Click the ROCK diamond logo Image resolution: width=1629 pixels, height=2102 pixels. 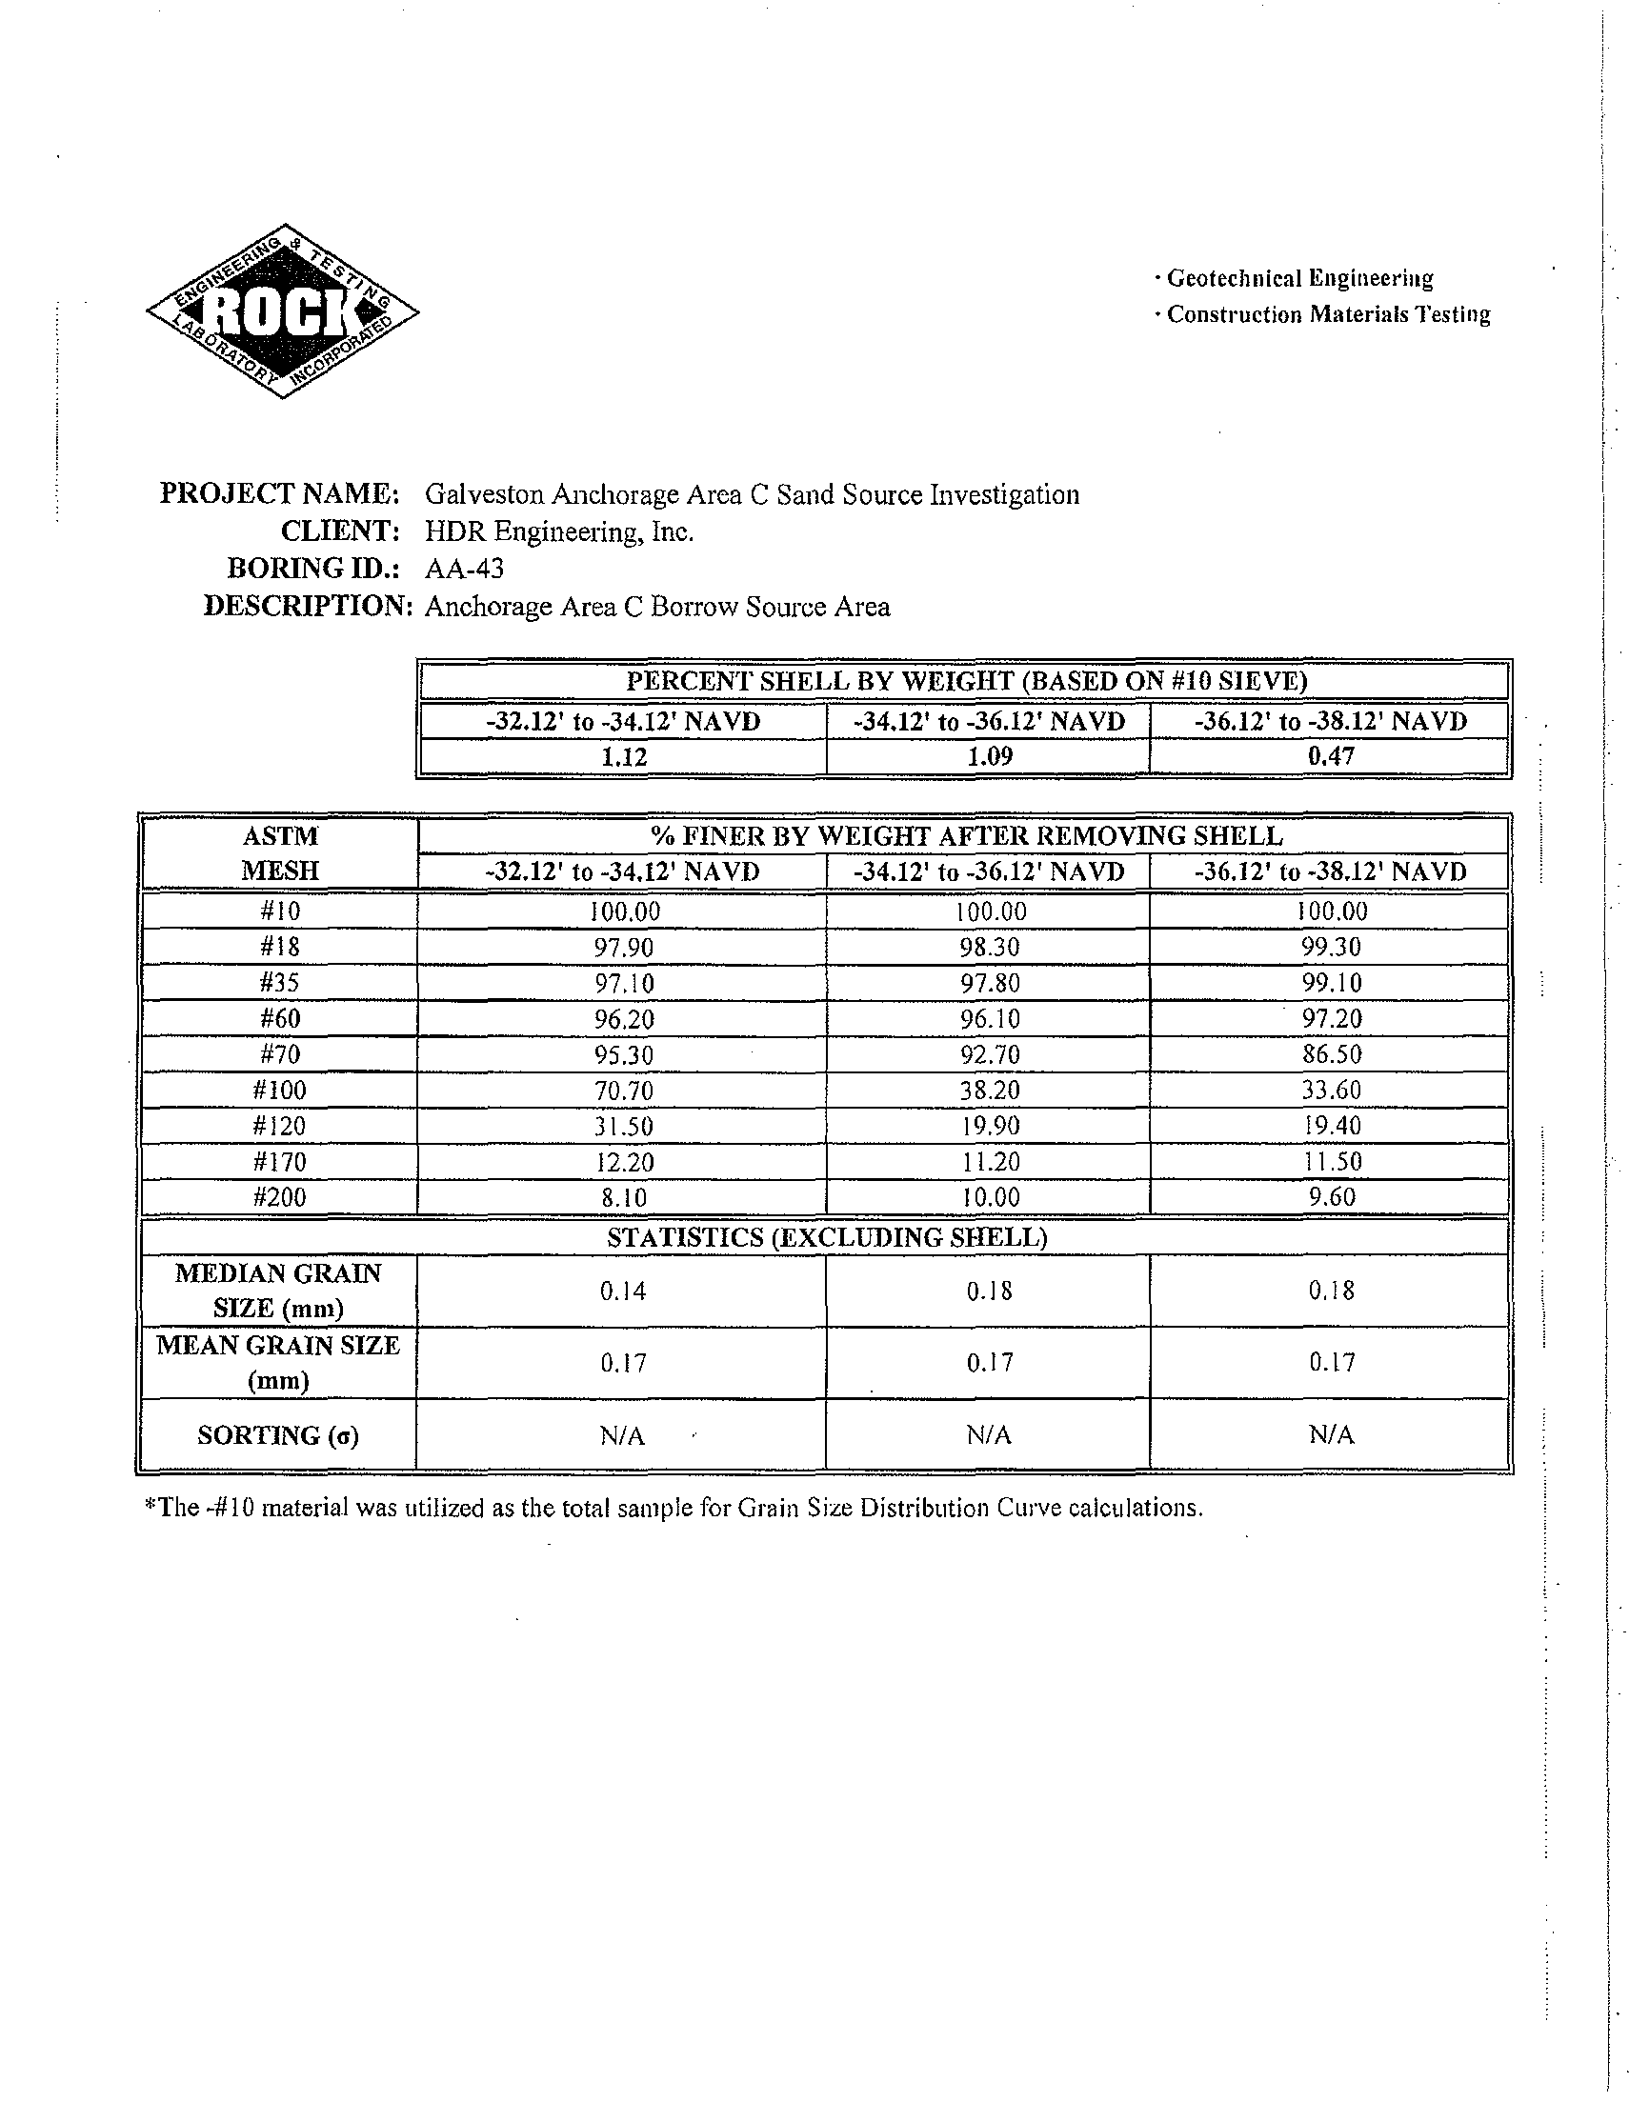pos(282,310)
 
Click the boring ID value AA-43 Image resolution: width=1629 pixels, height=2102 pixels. pos(464,569)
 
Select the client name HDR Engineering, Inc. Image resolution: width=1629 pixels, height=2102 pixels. pos(559,531)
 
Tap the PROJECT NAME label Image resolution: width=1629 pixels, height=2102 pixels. pos(279,493)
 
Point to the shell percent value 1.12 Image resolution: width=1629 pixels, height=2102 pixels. pos(624,757)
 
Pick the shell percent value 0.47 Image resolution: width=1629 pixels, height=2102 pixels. pos(1331,757)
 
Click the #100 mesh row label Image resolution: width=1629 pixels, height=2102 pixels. pos(279,1091)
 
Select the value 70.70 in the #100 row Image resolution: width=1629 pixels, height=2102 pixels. pos(624,1091)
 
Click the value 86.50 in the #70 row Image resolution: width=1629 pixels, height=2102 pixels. pos(1332,1054)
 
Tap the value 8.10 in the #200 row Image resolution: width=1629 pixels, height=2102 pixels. pos(624,1197)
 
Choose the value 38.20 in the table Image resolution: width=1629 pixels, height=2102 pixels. pos(990,1091)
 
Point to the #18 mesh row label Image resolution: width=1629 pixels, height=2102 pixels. pos(279,947)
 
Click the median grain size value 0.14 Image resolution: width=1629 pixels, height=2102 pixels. pos(624,1291)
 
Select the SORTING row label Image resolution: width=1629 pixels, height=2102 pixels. pos(278,1436)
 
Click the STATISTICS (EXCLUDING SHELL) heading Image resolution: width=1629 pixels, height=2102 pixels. pos(826,1238)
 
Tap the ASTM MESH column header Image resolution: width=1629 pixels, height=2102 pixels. pos(279,853)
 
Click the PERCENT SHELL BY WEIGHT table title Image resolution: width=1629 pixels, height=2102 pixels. pos(966,681)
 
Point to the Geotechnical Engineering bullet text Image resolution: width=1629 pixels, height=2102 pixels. pos(1298,279)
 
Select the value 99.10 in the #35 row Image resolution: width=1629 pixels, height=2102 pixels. pos(1332,983)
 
